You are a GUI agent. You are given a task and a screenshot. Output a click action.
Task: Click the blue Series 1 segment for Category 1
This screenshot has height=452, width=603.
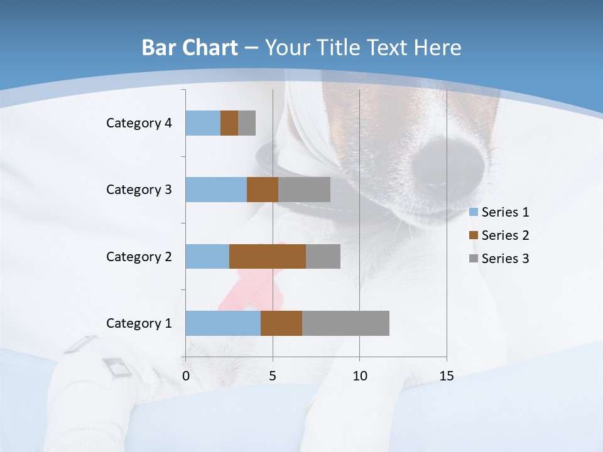pyautogui.click(x=223, y=323)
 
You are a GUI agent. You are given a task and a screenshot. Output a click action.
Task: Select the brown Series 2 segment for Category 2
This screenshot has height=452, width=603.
pyautogui.click(x=268, y=256)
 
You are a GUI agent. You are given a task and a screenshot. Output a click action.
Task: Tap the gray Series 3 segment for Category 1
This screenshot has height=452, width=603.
pyautogui.click(x=345, y=323)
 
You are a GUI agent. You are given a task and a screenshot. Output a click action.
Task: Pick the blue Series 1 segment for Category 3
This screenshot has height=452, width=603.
pyautogui.click(x=216, y=190)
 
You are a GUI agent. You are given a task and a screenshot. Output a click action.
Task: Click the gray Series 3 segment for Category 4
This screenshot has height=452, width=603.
pyautogui.click(x=247, y=123)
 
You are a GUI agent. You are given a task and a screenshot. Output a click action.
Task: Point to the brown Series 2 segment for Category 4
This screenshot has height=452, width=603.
pyautogui.click(x=229, y=123)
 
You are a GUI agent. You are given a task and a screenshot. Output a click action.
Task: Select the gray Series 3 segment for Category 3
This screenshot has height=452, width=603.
pyautogui.click(x=304, y=190)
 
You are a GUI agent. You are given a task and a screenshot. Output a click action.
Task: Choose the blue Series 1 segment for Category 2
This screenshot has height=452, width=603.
pyautogui.click(x=207, y=256)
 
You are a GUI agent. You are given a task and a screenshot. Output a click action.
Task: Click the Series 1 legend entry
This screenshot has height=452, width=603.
pyautogui.click(x=499, y=212)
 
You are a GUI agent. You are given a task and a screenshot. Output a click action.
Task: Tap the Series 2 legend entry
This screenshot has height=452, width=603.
pyautogui.click(x=499, y=235)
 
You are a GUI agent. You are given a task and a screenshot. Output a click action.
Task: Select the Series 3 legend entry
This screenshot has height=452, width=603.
pyautogui.click(x=499, y=259)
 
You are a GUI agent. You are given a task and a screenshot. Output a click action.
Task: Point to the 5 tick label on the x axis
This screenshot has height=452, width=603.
pyautogui.click(x=273, y=377)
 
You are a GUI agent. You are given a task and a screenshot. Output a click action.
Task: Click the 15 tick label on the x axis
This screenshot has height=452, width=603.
pyautogui.click(x=446, y=377)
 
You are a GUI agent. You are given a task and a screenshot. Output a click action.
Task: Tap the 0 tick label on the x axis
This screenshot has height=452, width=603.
pyautogui.click(x=186, y=377)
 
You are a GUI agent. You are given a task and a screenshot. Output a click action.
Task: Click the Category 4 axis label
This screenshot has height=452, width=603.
pyautogui.click(x=139, y=123)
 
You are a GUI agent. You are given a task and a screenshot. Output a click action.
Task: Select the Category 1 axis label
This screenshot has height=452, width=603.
pyautogui.click(x=139, y=323)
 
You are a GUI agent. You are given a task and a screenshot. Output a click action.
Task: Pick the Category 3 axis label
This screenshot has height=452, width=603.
pyautogui.click(x=139, y=190)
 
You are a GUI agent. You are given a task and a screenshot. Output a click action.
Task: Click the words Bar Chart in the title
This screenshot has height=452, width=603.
pyautogui.click(x=190, y=48)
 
